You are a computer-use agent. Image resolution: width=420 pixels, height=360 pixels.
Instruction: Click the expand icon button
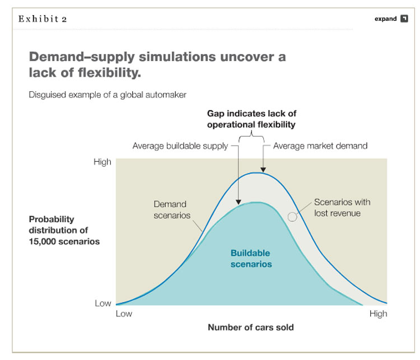[404, 18]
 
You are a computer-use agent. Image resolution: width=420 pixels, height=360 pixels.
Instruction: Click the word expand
[385, 18]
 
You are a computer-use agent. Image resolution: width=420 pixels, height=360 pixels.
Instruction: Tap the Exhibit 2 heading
[43, 18]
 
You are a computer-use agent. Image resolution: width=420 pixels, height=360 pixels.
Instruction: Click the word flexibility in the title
[109, 73]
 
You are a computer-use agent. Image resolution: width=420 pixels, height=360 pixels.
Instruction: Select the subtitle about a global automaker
[108, 95]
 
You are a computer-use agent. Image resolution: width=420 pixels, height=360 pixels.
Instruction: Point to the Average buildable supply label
[180, 146]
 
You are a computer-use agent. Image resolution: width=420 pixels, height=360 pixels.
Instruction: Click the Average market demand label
[320, 146]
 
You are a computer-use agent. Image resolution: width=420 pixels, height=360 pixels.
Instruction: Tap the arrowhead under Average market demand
[263, 170]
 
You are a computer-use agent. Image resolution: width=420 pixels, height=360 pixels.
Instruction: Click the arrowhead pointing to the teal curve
[239, 202]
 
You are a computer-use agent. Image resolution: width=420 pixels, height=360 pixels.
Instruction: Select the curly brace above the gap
[251, 136]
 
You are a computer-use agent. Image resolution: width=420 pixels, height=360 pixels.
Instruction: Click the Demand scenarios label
[172, 210]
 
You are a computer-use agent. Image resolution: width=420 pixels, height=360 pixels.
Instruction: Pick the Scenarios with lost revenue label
[342, 208]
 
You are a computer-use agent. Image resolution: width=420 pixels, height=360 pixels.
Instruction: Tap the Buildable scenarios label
[251, 259]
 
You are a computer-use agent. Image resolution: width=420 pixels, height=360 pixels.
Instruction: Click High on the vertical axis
[102, 162]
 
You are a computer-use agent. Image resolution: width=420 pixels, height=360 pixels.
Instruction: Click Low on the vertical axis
[103, 303]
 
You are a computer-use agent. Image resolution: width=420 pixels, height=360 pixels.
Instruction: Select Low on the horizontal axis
[124, 314]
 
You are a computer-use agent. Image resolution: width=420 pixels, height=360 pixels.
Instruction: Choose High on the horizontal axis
[378, 314]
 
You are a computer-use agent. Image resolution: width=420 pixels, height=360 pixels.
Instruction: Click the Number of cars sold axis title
[251, 328]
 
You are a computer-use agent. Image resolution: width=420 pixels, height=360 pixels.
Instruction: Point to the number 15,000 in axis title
[43, 242]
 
